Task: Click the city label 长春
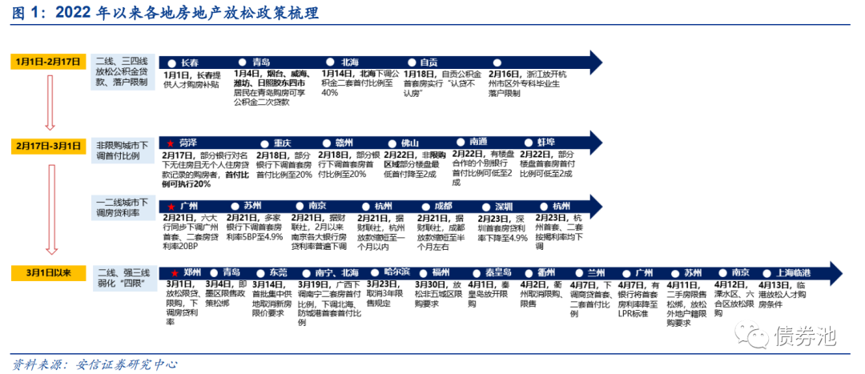point(190,62)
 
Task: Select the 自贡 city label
point(428,62)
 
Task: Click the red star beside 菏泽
point(169,142)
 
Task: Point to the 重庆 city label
point(282,142)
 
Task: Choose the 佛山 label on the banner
point(408,142)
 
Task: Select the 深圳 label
point(502,206)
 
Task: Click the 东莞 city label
point(277,271)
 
